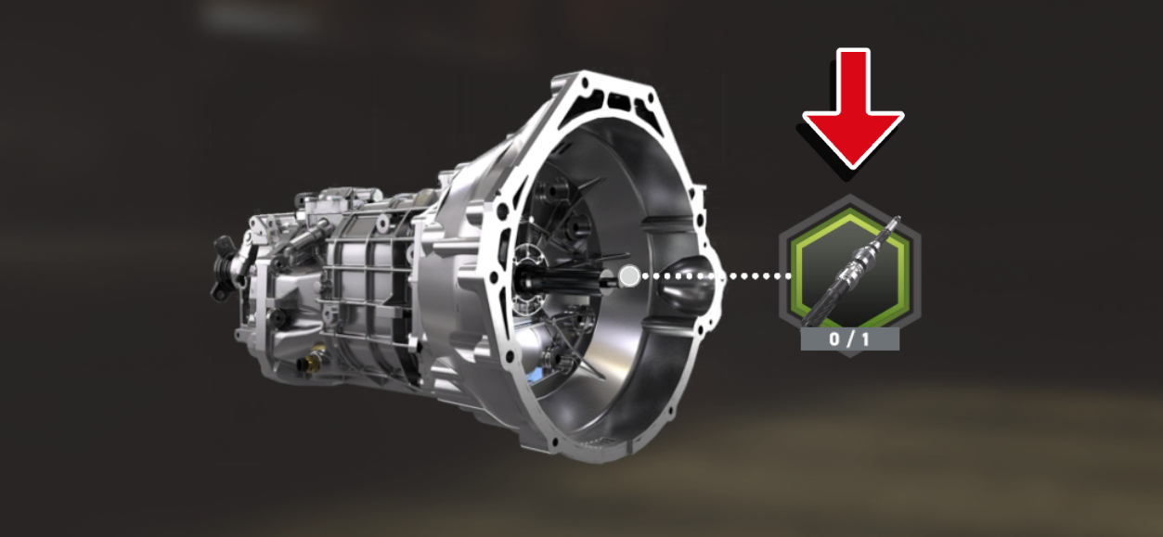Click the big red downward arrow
point(852,107)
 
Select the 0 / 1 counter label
point(850,339)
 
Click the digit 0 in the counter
point(834,339)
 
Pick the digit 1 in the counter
point(866,339)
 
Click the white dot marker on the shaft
point(628,275)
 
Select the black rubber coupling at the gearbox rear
point(223,269)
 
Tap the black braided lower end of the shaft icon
point(831,301)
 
